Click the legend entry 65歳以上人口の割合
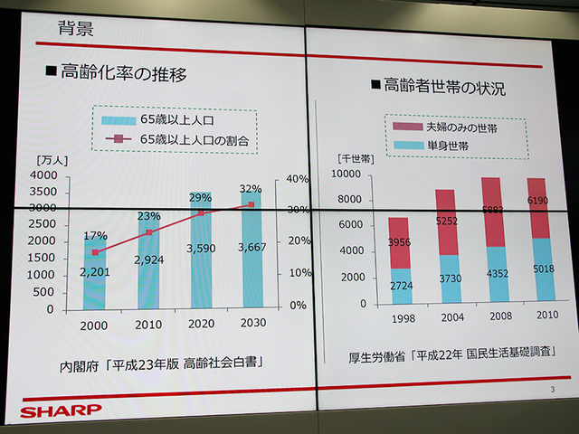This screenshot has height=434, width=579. point(194,139)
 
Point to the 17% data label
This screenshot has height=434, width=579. point(95,236)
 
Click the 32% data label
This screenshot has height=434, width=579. point(251,189)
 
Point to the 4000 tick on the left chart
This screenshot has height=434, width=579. point(43,175)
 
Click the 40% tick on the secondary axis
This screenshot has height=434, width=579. point(299,179)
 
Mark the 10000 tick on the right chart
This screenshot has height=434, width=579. point(346,174)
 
